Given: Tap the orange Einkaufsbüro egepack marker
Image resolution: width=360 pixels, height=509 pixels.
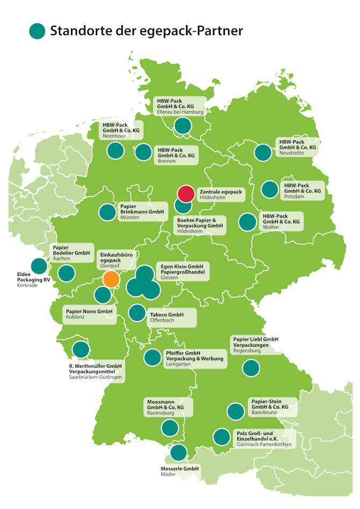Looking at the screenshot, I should click(x=111, y=279).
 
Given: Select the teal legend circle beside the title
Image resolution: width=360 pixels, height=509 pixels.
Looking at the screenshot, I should click(x=37, y=31).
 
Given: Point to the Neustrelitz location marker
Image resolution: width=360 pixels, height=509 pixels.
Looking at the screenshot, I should click(x=263, y=152).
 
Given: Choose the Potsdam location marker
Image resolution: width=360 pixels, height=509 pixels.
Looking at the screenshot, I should click(x=269, y=190).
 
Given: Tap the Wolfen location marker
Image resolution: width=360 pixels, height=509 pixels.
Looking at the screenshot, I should click(x=247, y=222).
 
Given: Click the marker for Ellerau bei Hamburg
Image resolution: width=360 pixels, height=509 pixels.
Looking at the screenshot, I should click(x=183, y=126).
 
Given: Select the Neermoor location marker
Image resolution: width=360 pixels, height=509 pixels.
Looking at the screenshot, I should click(x=116, y=151).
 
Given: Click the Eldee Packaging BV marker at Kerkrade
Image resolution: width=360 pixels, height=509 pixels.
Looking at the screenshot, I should click(x=39, y=266).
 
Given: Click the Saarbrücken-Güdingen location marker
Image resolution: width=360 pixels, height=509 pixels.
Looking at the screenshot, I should click(x=81, y=350).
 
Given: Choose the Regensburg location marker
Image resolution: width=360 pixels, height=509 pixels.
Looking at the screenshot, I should click(x=251, y=368).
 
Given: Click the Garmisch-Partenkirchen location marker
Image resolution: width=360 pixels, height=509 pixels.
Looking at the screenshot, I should click(x=221, y=437).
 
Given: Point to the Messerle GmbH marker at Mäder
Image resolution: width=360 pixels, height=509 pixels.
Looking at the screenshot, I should click(x=178, y=453).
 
